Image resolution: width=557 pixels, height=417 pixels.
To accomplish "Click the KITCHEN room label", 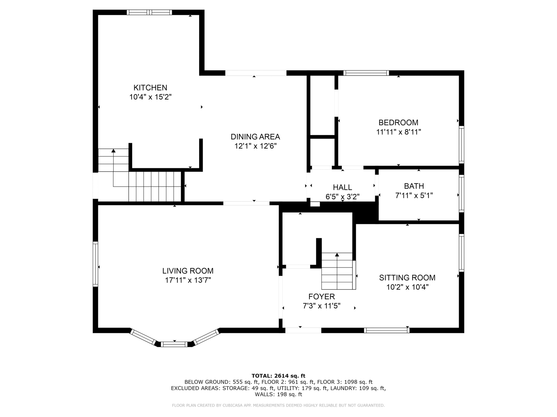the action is (150, 88).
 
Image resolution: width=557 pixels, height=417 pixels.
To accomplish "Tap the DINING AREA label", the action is (255, 137).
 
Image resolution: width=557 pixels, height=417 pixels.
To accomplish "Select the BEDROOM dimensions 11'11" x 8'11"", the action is (398, 132).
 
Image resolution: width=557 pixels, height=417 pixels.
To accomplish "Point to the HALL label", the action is (342, 187).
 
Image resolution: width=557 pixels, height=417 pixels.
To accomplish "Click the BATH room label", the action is (414, 186).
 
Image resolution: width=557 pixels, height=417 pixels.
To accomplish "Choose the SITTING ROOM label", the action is (407, 278).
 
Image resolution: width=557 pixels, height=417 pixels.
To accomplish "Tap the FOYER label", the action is (321, 297).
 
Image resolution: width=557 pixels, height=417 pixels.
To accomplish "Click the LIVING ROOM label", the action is (188, 271).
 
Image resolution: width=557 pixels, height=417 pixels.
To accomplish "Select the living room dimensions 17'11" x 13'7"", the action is (188, 280).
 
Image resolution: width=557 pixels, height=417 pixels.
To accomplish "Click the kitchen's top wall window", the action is (149, 12).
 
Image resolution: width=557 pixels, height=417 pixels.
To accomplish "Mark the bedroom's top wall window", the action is (366, 73).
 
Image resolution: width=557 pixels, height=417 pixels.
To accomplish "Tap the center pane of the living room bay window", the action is (174, 344).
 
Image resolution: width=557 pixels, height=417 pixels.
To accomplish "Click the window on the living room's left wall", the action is (96, 264).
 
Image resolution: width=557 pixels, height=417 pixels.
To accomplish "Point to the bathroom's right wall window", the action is (461, 193).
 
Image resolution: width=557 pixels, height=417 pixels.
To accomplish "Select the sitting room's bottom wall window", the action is (387, 330).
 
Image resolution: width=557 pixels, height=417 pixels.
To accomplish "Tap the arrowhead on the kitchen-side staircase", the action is (113, 151).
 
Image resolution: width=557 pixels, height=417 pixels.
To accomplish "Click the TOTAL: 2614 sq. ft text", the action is (278, 376).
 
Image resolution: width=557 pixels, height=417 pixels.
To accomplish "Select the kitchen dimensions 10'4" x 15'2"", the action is (150, 97).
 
